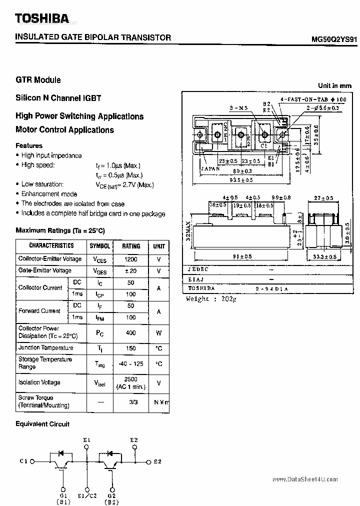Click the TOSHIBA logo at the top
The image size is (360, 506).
pyautogui.click(x=42, y=19)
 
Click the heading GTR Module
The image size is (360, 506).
pyautogui.click(x=38, y=80)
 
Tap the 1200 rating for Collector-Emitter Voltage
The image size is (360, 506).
pyautogui.click(x=131, y=259)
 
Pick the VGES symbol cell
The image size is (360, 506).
pyautogui.click(x=99, y=271)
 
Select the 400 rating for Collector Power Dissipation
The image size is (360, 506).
pyautogui.click(x=131, y=332)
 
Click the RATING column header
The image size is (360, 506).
pyautogui.click(x=131, y=246)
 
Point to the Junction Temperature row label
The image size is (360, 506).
pyautogui.click(x=45, y=348)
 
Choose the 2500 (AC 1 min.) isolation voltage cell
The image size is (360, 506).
pyautogui.click(x=131, y=382)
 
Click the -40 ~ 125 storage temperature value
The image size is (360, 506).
pyautogui.click(x=131, y=364)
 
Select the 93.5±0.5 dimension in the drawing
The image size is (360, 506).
pyautogui.click(x=240, y=180)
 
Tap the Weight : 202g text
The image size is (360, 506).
pyautogui.click(x=210, y=299)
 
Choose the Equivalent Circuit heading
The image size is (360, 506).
pyautogui.click(x=42, y=424)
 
